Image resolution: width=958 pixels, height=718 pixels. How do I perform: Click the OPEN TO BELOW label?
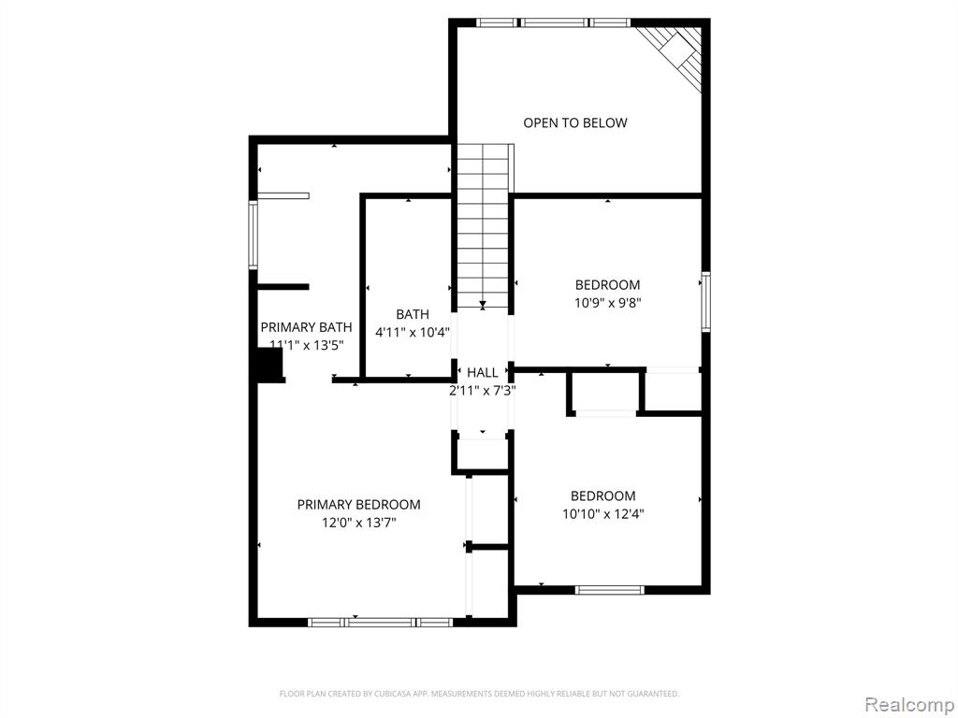pyautogui.click(x=575, y=122)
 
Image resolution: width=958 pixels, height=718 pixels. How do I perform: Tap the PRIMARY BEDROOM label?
pyautogui.click(x=358, y=504)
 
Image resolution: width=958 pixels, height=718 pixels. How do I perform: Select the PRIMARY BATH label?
pyautogui.click(x=306, y=326)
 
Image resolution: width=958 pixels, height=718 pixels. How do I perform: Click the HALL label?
pyautogui.click(x=483, y=372)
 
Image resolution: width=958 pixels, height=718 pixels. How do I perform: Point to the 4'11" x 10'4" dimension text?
pyautogui.click(x=413, y=333)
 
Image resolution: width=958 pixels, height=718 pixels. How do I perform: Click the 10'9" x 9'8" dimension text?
pyautogui.click(x=607, y=303)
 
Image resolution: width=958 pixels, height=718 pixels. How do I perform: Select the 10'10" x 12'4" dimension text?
pyautogui.click(x=603, y=514)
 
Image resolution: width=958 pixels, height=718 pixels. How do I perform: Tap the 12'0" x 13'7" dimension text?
pyautogui.click(x=358, y=523)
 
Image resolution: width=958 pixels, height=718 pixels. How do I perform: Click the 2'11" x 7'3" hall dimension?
pyautogui.click(x=483, y=391)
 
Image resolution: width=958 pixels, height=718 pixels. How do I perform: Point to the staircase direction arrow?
pyautogui.click(x=483, y=304)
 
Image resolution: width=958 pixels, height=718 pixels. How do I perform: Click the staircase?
pyautogui.click(x=483, y=226)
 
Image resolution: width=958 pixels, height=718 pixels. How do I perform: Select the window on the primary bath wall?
pyautogui.click(x=253, y=235)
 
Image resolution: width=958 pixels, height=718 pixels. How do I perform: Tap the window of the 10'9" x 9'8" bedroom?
pyautogui.click(x=706, y=302)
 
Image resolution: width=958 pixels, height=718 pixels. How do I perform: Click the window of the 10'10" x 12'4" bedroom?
pyautogui.click(x=610, y=590)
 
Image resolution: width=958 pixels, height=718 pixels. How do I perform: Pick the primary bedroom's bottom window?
pyautogui.click(x=380, y=622)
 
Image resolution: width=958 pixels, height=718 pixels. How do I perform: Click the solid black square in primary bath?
pyautogui.click(x=268, y=367)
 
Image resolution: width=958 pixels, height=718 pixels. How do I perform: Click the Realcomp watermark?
pyautogui.click(x=908, y=705)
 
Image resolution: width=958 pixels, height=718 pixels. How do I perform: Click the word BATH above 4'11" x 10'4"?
pyautogui.click(x=413, y=314)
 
